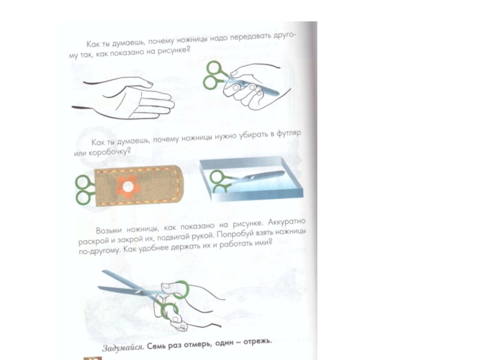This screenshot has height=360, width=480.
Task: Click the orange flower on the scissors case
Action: point(128,187)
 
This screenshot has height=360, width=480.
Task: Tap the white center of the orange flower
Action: point(128,187)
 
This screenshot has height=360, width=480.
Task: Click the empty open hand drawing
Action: point(123,98)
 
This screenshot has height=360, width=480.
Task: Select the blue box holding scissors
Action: point(251,178)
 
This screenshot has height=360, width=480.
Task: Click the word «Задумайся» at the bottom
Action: point(122,347)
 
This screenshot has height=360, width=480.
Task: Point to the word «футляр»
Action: point(289,134)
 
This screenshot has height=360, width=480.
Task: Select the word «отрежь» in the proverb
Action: point(257,341)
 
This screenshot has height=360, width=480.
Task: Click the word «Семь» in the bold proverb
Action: point(156,346)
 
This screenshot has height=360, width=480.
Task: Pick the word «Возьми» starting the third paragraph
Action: point(109,230)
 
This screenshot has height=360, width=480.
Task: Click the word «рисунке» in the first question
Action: point(173,50)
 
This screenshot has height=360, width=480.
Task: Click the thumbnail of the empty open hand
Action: point(149,83)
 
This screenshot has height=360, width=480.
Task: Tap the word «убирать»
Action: point(253,136)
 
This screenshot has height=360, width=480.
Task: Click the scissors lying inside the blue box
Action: point(247,181)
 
